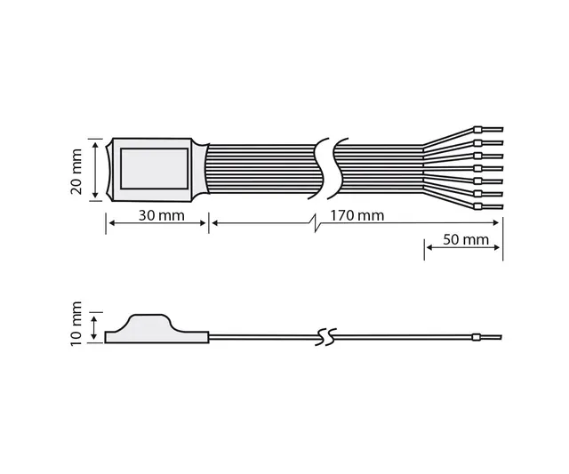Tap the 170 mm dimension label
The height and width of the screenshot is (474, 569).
356,216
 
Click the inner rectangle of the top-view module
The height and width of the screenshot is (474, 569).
153,169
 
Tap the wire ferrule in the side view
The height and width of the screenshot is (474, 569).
477,337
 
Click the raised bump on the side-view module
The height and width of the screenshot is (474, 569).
154,319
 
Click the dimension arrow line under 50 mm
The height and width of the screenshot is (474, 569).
464,248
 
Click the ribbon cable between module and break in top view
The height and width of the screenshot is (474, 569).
262,169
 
